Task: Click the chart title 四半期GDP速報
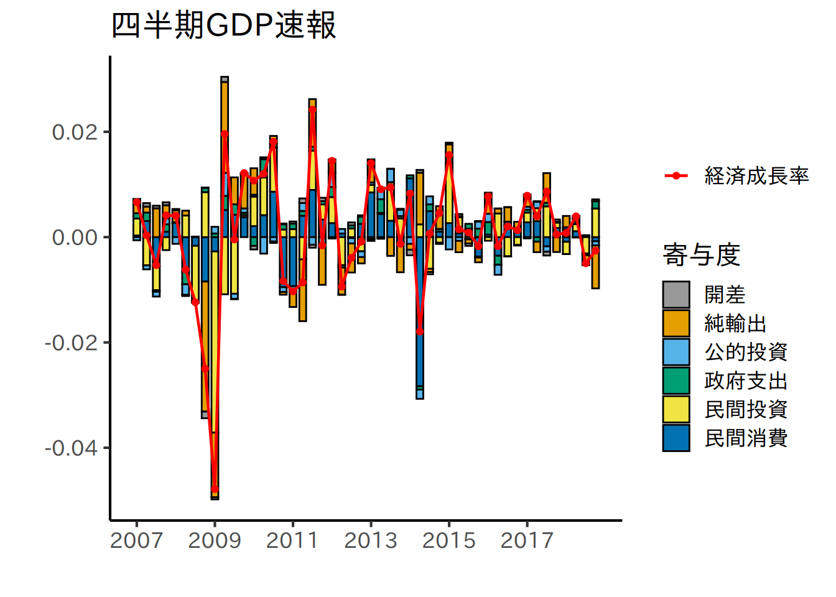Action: [224, 26]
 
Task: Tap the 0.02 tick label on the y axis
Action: [75, 132]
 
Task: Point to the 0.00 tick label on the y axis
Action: [75, 238]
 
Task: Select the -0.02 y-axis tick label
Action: [72, 343]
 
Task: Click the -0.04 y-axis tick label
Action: [72, 448]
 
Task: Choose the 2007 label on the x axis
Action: [136, 540]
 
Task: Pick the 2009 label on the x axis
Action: [215, 540]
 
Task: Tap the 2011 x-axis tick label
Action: [292, 540]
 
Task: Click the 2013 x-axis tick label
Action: [371, 540]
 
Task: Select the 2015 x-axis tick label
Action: [448, 540]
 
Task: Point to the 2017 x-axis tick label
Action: [527, 540]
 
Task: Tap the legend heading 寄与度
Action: [701, 255]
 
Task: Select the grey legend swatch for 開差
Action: [676, 295]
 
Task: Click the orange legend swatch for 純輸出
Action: [676, 323]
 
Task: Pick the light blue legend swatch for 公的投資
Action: [676, 352]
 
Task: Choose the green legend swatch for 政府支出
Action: [676, 381]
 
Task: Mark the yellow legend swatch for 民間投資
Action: [676, 409]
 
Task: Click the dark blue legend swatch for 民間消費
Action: [676, 438]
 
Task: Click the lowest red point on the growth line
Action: [215, 489]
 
